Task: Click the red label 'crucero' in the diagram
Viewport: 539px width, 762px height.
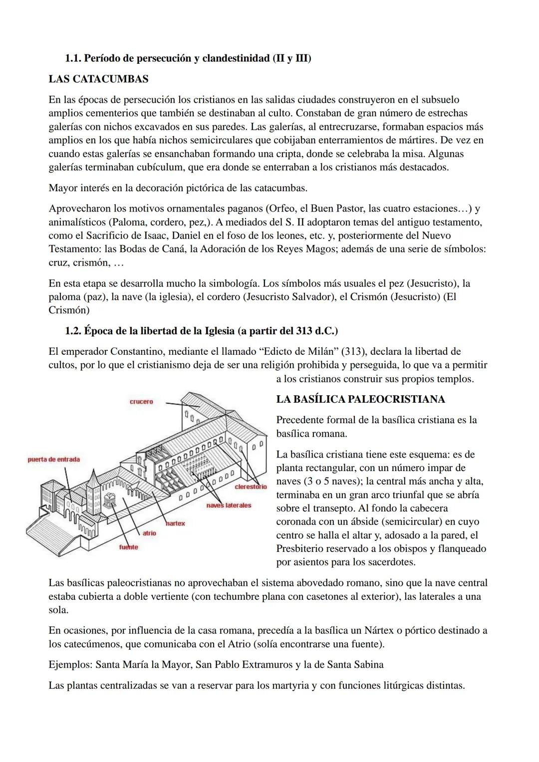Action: pos(141,402)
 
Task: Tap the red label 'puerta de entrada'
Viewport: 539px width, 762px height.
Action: pos(53,459)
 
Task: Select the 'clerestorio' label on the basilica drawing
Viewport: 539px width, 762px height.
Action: pos(251,486)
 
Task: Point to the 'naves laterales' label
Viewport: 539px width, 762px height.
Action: pos(229,506)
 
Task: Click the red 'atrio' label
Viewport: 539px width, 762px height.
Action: pos(149,533)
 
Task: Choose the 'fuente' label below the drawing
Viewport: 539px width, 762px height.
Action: pos(128,547)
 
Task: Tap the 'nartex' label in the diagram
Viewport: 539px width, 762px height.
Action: pos(176,523)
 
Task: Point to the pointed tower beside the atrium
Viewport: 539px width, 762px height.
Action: pos(93,487)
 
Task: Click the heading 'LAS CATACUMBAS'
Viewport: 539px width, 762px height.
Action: pos(98,79)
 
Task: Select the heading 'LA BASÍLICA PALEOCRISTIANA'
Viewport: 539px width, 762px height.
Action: pos(360,399)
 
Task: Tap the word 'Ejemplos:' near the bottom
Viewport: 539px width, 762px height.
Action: pos(70,665)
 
